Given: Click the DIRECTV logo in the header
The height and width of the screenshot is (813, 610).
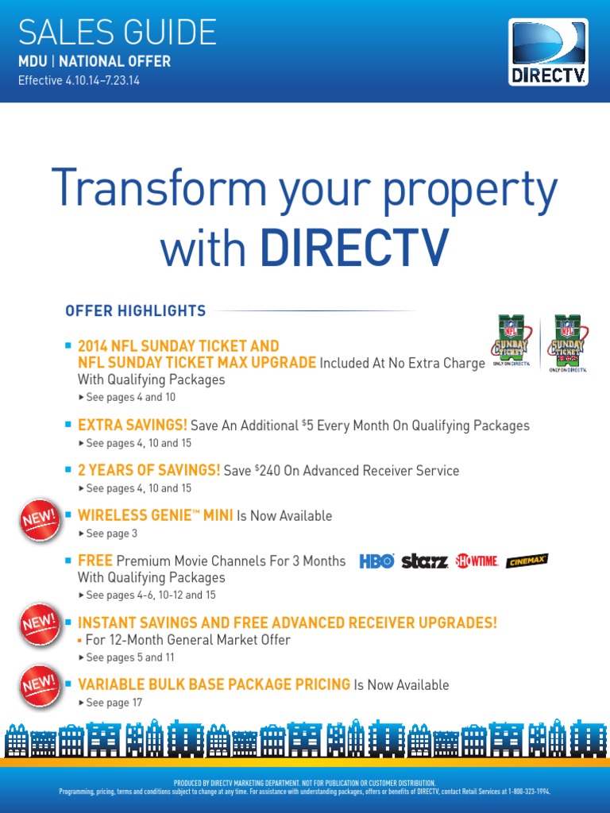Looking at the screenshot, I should (x=548, y=53).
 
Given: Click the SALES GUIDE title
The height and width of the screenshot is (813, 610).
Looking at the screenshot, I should (x=117, y=32).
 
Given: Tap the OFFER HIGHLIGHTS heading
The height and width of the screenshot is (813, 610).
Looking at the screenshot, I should (x=135, y=310).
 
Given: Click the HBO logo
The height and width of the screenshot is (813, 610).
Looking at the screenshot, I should (x=376, y=561).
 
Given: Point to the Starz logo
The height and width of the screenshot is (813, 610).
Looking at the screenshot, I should (x=424, y=561).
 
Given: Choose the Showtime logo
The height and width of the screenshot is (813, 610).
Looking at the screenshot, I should (x=477, y=561).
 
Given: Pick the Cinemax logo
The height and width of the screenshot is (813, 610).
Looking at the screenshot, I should (x=527, y=561).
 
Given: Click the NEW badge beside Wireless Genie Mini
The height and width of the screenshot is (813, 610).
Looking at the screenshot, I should (x=39, y=521).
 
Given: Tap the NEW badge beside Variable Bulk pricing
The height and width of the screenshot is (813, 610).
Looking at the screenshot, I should (x=39, y=684).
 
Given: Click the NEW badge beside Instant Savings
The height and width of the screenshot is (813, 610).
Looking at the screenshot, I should (x=39, y=623).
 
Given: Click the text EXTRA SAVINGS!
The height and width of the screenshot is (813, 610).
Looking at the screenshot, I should (x=133, y=426).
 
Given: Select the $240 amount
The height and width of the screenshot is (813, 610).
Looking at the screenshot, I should (x=271, y=471).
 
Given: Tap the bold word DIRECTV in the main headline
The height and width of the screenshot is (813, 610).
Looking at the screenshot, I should (x=353, y=248).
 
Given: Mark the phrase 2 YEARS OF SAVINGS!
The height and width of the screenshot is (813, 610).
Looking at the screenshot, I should (x=149, y=471).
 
